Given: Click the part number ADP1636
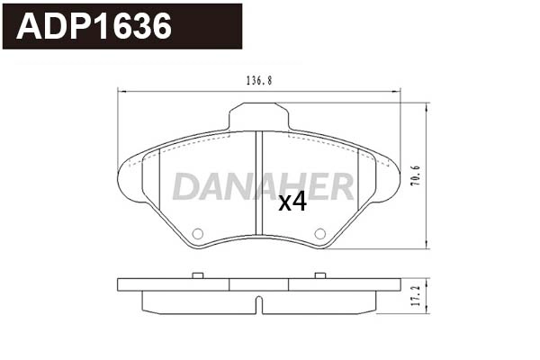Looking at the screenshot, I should tap(95, 27).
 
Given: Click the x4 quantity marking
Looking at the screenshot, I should tap(292, 202).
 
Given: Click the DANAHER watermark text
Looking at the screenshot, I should tap(262, 186).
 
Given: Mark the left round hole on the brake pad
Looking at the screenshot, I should tap(198, 234).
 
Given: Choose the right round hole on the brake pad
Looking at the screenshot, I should tap(319, 234).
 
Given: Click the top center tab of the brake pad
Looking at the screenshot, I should tap(258, 116).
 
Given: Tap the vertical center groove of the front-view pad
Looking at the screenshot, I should tap(259, 184).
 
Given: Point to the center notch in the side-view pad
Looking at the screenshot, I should tap(258, 304).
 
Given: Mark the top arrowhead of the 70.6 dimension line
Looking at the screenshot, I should tap(425, 106).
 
